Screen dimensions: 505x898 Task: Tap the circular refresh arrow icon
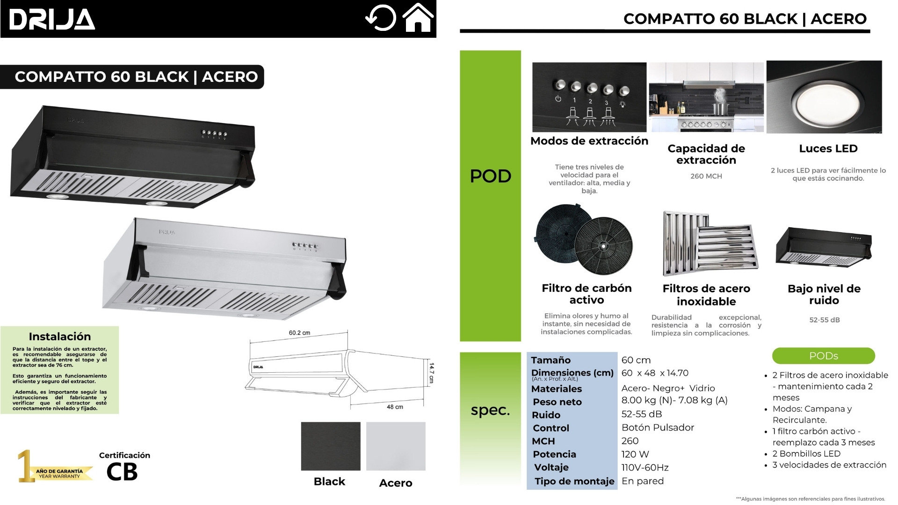380,18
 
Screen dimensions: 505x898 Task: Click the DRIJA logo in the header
52,19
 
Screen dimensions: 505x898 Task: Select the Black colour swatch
331,446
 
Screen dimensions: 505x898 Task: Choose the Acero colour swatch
396,446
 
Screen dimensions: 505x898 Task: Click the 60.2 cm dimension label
299,333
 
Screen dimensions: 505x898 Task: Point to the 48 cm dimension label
395,407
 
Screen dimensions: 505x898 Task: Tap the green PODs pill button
823,356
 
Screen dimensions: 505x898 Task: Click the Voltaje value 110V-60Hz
645,468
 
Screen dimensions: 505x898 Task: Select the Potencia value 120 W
635,454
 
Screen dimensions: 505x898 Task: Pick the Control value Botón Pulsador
658,427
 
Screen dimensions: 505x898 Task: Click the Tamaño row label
550,360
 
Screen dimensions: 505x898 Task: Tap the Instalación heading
60,336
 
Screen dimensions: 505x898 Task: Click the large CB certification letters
122,472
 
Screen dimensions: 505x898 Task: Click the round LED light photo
824,99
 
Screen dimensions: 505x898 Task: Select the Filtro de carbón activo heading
587,294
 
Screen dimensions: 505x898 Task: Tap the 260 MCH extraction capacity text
706,176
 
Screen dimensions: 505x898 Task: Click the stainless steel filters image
709,243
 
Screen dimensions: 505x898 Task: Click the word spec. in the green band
490,410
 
